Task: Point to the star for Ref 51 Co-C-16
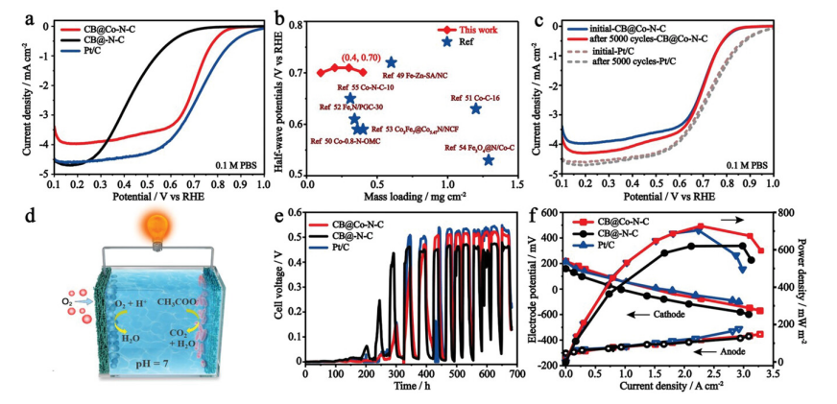pos(475,108)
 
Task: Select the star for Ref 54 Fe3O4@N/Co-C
pos(489,159)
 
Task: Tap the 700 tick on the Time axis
pos(518,374)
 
